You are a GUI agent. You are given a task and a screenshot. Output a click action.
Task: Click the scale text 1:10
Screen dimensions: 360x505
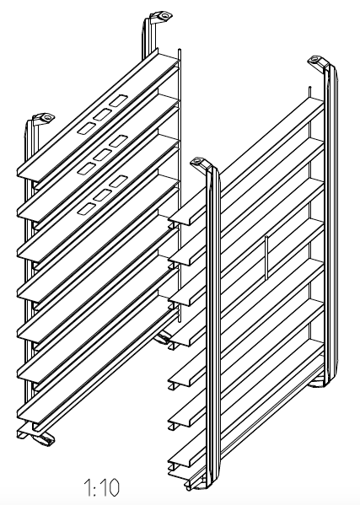[x=101, y=487]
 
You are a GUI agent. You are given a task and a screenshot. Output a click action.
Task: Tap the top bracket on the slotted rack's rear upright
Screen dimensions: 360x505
[x=161, y=16]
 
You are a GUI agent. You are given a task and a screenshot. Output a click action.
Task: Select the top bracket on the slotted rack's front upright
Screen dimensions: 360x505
[x=44, y=119]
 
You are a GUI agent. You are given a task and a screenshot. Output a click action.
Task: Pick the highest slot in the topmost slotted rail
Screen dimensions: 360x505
[x=119, y=100]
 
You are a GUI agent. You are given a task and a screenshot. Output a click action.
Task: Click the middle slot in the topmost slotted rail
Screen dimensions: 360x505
[x=102, y=115]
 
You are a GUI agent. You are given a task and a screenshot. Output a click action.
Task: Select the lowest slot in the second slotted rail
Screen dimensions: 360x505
[x=87, y=169]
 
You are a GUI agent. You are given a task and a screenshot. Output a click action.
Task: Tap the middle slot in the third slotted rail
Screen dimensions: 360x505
[x=102, y=196]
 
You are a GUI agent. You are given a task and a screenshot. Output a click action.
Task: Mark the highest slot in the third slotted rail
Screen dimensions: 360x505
[x=119, y=181]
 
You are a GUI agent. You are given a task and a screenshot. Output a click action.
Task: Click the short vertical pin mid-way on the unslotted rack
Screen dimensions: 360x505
[x=266, y=258]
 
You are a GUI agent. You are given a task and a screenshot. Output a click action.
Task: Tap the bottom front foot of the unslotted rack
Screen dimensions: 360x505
[x=196, y=485]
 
